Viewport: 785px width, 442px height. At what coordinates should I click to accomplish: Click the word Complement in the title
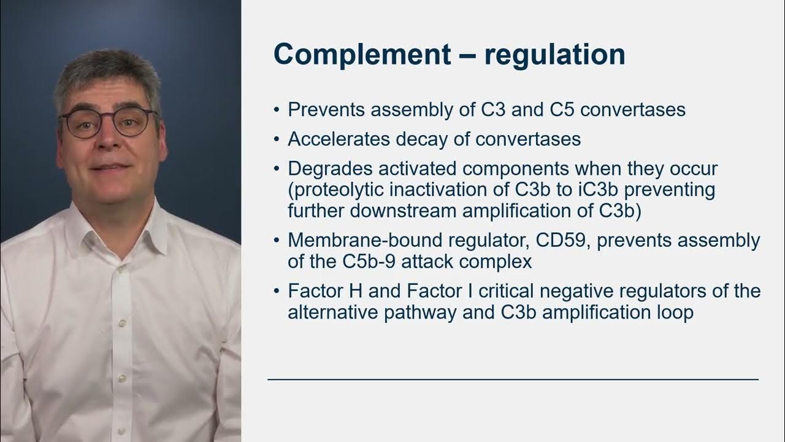click(361, 54)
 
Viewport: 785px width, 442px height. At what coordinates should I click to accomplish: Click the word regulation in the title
click(554, 54)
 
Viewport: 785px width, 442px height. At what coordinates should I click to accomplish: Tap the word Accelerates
click(339, 139)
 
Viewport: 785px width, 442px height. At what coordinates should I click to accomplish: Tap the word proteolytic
click(335, 190)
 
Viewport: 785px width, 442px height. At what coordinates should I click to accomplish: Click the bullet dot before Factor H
click(277, 291)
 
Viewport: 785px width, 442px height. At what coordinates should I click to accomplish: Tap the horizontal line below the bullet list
click(513, 379)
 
